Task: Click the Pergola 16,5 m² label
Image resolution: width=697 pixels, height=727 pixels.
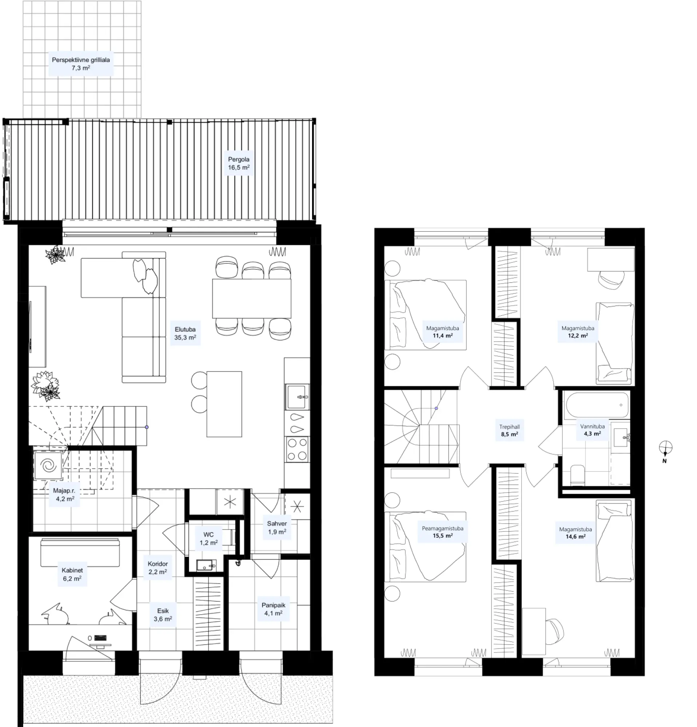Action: coord(239,163)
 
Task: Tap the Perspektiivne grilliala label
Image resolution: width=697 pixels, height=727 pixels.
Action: coord(81,60)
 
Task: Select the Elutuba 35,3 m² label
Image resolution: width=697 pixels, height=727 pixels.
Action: coord(185,333)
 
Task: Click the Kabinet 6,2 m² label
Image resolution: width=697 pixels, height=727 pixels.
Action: coord(72,574)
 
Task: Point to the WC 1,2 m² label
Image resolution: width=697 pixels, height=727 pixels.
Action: coord(208,539)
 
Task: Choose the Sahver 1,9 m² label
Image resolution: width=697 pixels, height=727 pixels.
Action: coord(277,527)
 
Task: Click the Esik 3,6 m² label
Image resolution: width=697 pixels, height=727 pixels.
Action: coord(163,615)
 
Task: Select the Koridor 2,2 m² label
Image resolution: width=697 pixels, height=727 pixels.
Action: coord(158,568)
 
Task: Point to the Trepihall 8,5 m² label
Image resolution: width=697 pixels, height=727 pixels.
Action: coord(510,430)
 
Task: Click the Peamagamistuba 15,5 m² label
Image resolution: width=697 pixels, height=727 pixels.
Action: coord(442,532)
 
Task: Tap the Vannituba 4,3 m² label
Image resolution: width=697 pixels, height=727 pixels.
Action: coord(592,430)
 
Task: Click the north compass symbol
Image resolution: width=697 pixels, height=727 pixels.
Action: coord(665,451)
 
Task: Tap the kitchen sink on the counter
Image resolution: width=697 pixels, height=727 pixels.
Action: coord(297,397)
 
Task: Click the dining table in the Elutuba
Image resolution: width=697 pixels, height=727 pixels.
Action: coord(252,298)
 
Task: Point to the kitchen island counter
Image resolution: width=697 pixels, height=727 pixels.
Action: coord(224,404)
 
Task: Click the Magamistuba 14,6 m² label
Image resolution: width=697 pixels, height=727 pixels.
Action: coord(575,533)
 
